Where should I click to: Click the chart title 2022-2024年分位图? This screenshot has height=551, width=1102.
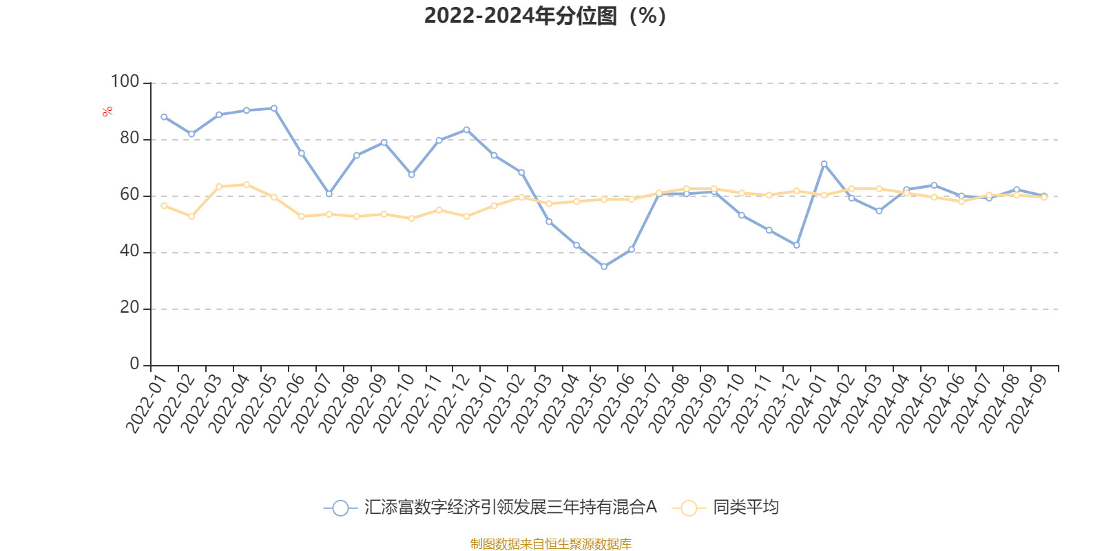tap(545, 15)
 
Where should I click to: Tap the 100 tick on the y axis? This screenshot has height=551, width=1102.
tap(125, 82)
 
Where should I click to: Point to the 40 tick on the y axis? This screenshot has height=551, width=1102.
tap(129, 251)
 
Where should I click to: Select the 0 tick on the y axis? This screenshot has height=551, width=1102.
tap(134, 364)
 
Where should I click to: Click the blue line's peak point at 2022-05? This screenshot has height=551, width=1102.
tap(274, 108)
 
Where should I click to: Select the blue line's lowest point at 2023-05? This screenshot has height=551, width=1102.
tap(604, 267)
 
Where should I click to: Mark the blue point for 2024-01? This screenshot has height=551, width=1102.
tap(824, 164)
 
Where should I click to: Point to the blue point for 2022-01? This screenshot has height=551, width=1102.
tap(164, 116)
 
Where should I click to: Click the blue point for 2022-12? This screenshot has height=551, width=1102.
tap(466, 129)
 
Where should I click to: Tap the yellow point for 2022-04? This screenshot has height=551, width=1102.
tap(247, 185)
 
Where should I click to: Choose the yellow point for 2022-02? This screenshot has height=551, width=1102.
tap(191, 216)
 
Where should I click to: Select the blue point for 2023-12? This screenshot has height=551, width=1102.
tap(797, 245)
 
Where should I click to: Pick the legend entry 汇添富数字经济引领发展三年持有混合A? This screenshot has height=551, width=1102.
tap(510, 508)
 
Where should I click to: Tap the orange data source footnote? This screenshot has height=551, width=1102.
tap(550, 544)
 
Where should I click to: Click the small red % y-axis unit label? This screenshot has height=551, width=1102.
tap(107, 112)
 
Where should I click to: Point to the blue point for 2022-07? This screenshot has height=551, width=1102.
tap(329, 194)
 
